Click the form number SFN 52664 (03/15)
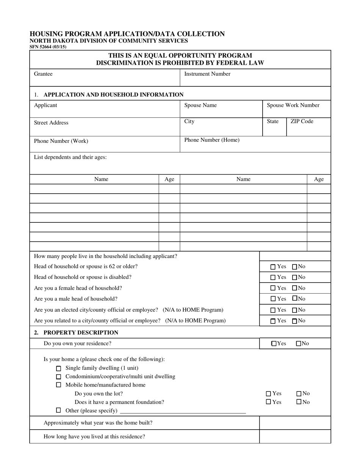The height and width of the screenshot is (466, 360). (x=48, y=47)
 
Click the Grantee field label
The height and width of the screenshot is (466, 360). (x=43, y=74)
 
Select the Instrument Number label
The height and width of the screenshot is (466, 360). (x=207, y=74)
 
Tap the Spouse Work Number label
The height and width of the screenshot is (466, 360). (x=293, y=105)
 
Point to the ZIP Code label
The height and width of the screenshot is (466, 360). (x=302, y=122)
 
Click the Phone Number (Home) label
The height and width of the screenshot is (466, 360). (x=211, y=140)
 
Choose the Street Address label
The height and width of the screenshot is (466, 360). (x=51, y=123)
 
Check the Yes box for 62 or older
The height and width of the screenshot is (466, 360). (x=273, y=267)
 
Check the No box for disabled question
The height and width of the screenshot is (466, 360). (x=294, y=278)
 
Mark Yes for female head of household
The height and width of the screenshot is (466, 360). (x=273, y=288)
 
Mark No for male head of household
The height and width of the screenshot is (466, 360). (x=294, y=299)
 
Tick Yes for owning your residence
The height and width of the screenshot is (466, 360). (x=274, y=344)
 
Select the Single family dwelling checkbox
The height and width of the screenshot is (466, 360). (x=58, y=369)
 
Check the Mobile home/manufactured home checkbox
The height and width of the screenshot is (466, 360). (x=58, y=385)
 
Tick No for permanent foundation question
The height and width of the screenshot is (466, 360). (x=299, y=402)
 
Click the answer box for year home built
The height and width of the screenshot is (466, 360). (x=295, y=423)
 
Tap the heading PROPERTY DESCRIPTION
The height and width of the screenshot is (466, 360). (x=81, y=333)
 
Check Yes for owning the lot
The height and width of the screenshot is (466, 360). (x=269, y=394)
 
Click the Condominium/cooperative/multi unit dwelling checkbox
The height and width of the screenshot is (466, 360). (x=58, y=377)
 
